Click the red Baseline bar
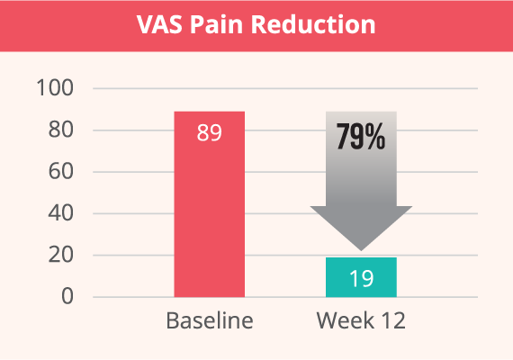click(210, 204)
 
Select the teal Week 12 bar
click(361, 277)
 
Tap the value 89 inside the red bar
click(210, 132)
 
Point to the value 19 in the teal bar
click(362, 278)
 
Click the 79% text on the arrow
click(361, 137)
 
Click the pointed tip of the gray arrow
click(361, 251)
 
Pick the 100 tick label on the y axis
click(55, 87)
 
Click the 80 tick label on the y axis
click(61, 130)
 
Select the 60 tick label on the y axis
click(61, 171)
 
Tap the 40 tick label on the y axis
click(61, 213)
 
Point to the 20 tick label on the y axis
click(61, 255)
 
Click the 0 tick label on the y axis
click(67, 296)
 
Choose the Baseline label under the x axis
click(210, 320)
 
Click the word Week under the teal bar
click(346, 320)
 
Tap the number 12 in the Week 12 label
click(393, 320)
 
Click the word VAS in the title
click(159, 24)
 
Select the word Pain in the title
click(217, 24)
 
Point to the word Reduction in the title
click(313, 24)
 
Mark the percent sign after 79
click(375, 137)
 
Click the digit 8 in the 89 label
click(202, 132)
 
